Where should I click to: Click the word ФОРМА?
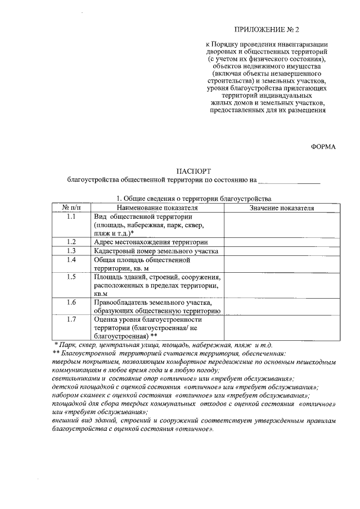click(323, 147)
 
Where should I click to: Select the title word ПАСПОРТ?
click(193, 171)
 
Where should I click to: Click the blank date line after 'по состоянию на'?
click(289, 181)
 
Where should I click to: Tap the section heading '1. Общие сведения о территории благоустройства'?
click(193, 199)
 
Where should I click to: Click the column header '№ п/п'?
click(71, 208)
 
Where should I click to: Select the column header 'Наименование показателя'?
click(157, 208)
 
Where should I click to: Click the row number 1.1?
click(71, 217)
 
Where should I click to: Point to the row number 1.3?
click(71, 251)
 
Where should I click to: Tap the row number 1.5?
click(71, 277)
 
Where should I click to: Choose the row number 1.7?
click(71, 319)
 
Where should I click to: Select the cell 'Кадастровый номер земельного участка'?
click(156, 251)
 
